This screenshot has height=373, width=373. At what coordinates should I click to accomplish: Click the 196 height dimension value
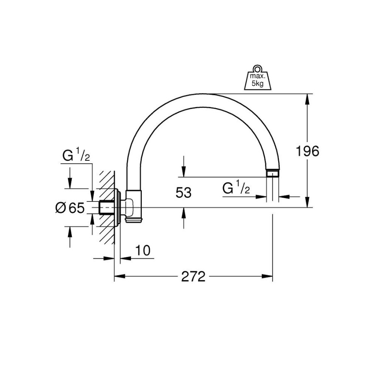[307, 151]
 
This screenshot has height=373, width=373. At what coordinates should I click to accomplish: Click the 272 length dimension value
[193, 276]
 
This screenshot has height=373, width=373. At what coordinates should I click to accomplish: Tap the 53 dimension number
[184, 192]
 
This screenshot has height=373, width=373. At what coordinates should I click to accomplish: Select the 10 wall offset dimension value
[143, 250]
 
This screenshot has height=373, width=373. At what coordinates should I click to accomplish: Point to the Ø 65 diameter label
[70, 208]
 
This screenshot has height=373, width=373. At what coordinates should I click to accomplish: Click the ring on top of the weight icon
[257, 68]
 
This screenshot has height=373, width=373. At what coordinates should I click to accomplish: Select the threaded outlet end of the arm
[273, 173]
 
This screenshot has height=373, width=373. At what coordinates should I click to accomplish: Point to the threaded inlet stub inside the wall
[107, 208]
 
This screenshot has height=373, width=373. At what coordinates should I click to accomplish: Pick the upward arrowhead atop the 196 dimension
[307, 99]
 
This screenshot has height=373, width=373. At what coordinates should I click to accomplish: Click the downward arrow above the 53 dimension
[184, 166]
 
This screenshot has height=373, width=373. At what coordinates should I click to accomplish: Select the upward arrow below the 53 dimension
[184, 218]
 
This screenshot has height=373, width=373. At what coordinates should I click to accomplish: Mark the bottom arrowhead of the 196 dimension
[307, 202]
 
